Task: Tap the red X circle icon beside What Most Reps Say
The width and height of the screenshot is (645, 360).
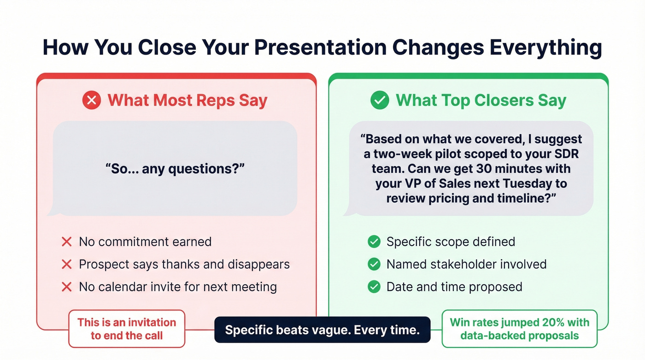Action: tap(92, 100)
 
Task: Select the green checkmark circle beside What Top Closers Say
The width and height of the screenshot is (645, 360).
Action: tap(380, 100)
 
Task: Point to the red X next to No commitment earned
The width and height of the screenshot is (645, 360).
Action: tap(67, 242)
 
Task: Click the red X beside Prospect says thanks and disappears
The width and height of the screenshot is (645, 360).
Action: tap(67, 264)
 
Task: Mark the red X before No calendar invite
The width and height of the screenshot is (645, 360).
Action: tap(67, 287)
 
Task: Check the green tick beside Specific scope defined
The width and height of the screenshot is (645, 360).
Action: tap(374, 242)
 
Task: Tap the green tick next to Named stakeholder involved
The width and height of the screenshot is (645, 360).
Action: tap(374, 264)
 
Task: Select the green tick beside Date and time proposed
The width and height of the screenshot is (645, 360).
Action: tap(374, 287)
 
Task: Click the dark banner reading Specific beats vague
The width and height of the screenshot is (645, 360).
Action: tap(322, 330)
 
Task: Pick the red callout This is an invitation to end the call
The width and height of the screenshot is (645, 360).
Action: tap(127, 329)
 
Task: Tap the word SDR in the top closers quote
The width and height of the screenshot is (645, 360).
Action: tap(568, 153)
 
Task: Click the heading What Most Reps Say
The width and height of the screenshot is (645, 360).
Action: tap(187, 100)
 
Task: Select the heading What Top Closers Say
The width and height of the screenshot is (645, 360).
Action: tap(481, 100)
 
